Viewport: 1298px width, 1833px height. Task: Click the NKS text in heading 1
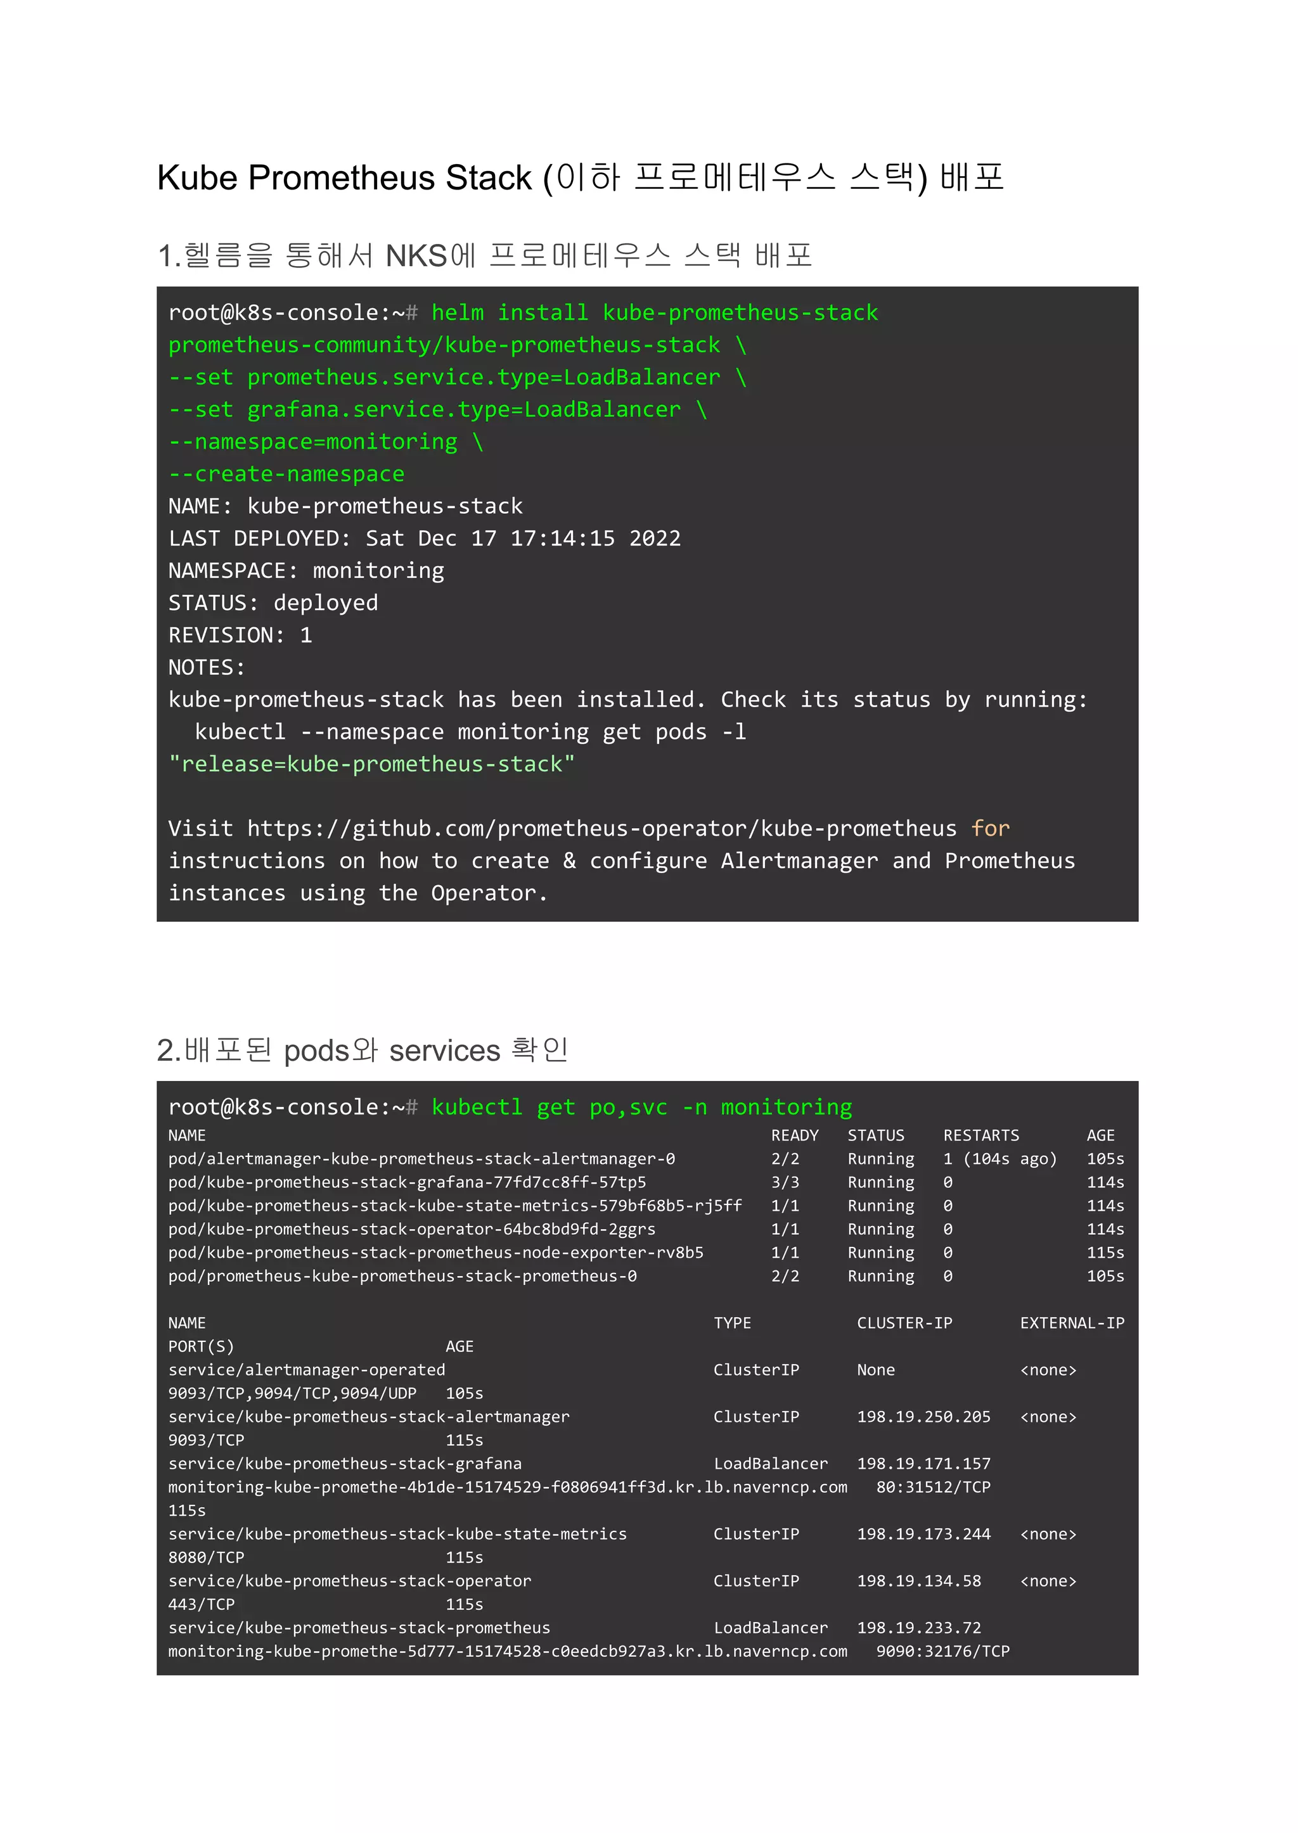(x=416, y=257)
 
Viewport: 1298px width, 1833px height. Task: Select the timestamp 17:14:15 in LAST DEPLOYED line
(x=563, y=539)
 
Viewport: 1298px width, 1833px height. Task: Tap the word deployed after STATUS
(x=325, y=603)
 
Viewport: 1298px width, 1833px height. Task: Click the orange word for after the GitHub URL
(x=990, y=829)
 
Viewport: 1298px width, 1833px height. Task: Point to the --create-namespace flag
(x=286, y=475)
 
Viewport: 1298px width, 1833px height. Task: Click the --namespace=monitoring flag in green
(x=313, y=442)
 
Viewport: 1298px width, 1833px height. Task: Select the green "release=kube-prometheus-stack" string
(x=371, y=765)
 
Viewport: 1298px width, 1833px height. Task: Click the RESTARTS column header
(x=980, y=1135)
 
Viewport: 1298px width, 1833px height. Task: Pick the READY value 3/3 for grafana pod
(x=785, y=1182)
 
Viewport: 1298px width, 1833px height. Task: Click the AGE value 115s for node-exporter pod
(x=1105, y=1253)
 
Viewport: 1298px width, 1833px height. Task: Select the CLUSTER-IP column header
(x=904, y=1323)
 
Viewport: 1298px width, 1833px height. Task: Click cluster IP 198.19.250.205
(x=923, y=1417)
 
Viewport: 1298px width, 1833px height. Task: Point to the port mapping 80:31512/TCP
(x=933, y=1487)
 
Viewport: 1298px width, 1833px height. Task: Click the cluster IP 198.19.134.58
(x=918, y=1581)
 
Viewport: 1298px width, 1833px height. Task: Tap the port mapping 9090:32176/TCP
(x=942, y=1652)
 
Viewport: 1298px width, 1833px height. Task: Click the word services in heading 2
(x=444, y=1051)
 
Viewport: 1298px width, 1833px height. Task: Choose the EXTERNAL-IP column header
(x=1072, y=1323)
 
